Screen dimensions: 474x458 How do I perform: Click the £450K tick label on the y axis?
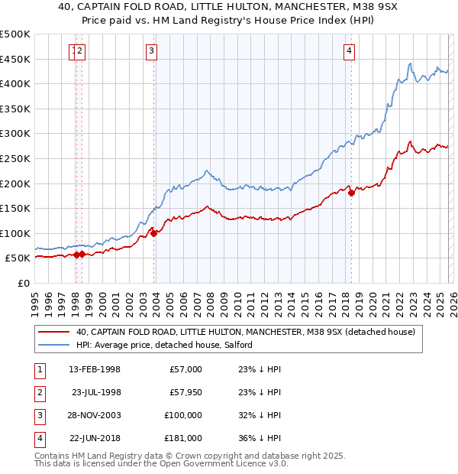point(15,59)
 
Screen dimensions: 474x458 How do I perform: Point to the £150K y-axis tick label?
point(15,208)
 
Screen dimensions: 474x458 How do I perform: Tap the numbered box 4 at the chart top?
point(349,51)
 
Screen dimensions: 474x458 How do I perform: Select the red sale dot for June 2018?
point(351,193)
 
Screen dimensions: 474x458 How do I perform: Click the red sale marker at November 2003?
point(154,233)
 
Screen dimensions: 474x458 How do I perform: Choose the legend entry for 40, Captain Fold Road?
point(245,332)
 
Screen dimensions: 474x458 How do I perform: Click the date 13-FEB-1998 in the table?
point(95,369)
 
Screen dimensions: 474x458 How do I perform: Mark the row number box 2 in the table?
point(39,392)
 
